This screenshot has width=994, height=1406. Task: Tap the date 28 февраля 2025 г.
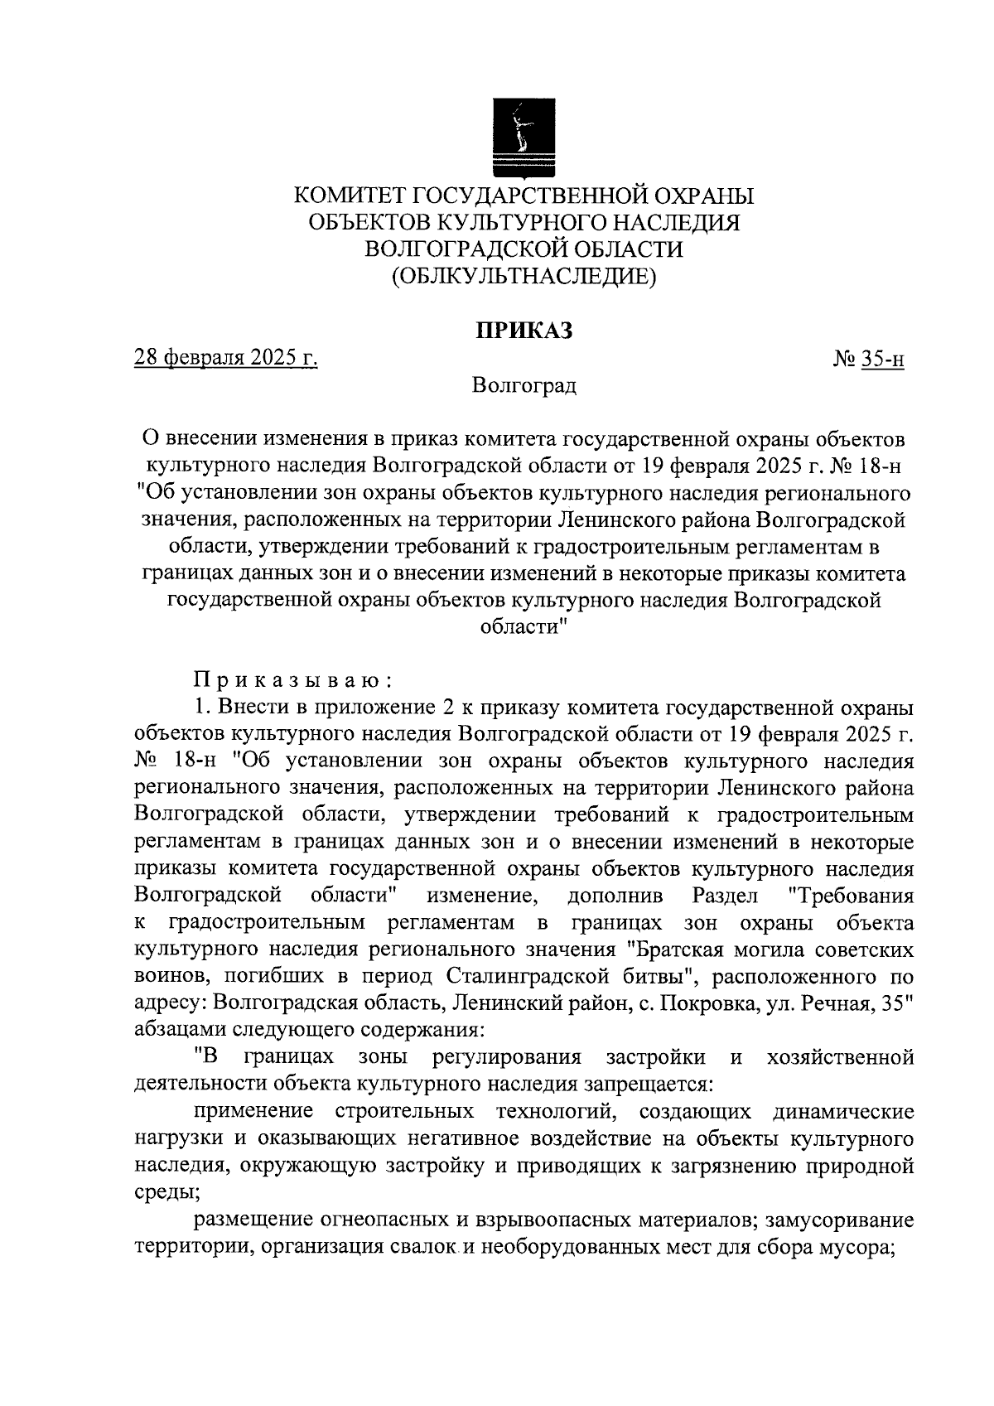pyautogui.click(x=226, y=358)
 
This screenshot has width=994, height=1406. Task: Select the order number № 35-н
pyautogui.click(x=867, y=359)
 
